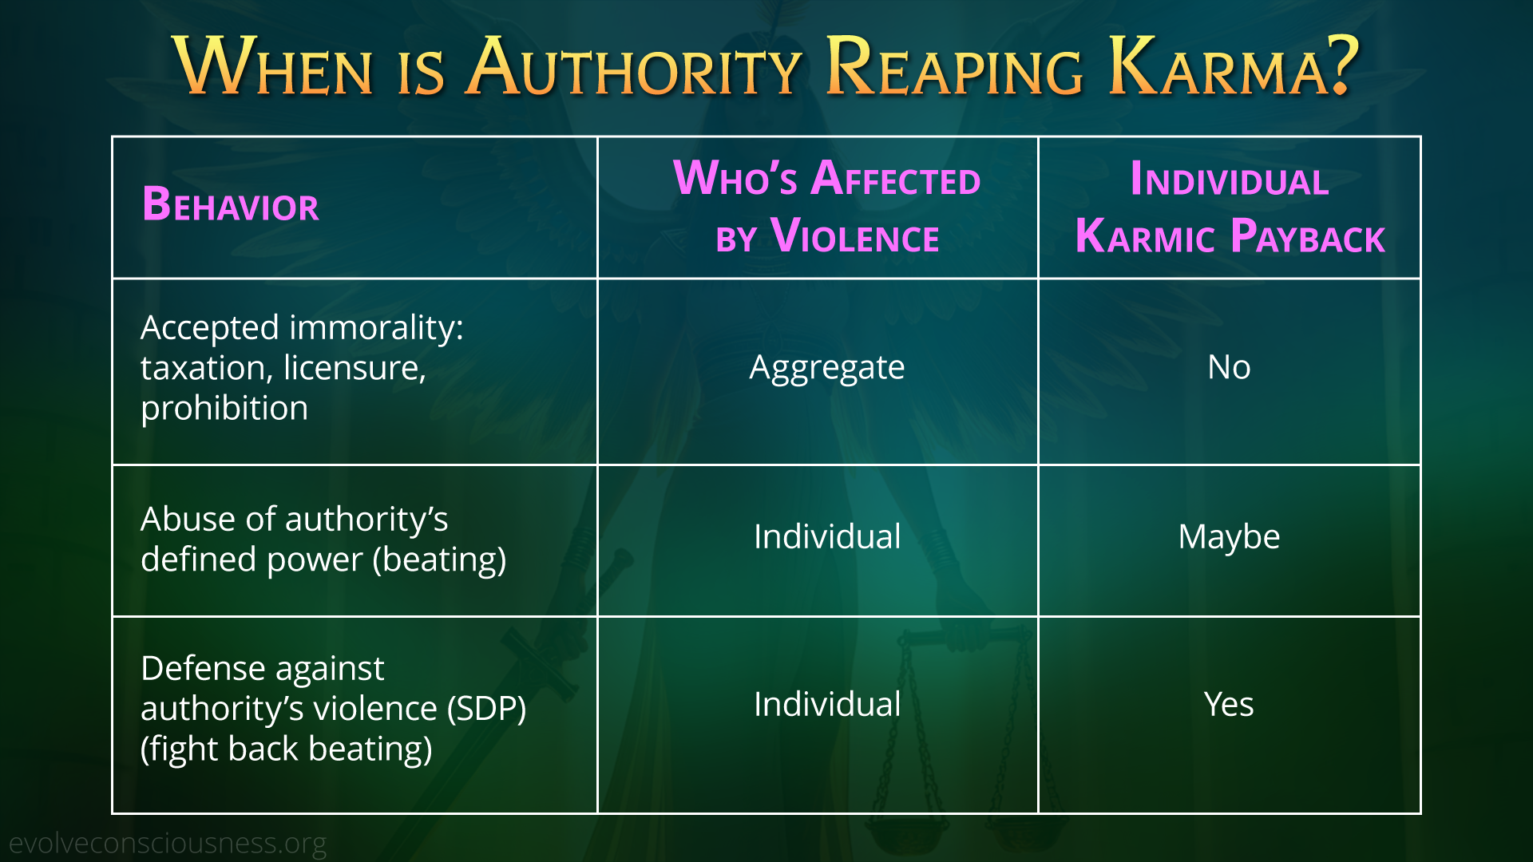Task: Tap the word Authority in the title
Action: coord(635,67)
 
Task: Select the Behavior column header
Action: coord(230,204)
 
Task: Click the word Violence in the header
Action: coord(855,235)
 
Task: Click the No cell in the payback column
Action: coord(1229,367)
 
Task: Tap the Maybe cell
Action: coord(1229,537)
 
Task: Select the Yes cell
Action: coord(1229,704)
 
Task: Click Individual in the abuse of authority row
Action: coord(827,536)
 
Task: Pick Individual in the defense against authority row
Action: coord(827,704)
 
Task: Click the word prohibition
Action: coord(224,409)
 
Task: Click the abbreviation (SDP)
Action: coord(486,709)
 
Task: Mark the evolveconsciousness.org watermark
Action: coord(168,843)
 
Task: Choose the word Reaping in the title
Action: coord(955,67)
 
